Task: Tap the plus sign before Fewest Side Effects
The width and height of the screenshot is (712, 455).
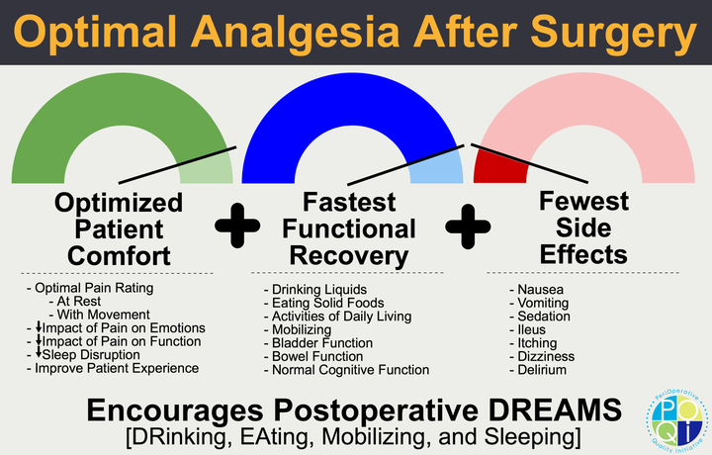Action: (468, 227)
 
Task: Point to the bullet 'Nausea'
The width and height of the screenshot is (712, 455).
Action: (541, 289)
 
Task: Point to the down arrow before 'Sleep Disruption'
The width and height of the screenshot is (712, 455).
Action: (38, 354)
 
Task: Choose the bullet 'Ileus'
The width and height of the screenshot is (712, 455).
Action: (534, 329)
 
